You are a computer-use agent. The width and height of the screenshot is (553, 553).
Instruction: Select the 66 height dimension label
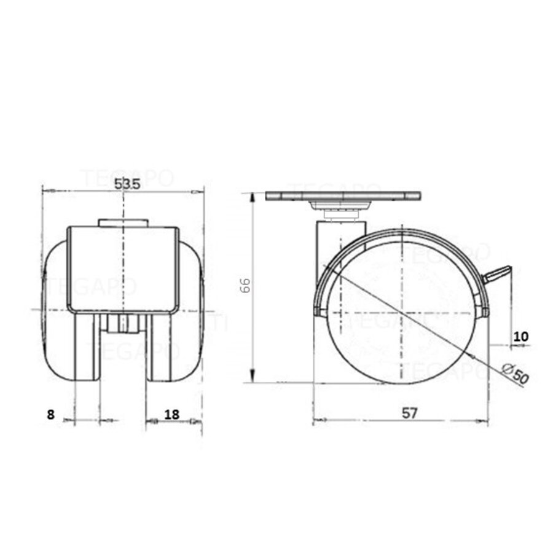244,285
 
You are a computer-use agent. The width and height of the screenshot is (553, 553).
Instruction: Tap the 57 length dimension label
410,413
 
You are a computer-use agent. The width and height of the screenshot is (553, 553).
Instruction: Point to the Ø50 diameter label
514,374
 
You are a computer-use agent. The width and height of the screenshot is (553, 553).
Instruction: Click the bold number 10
521,336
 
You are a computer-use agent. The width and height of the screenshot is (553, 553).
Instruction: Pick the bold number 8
50,414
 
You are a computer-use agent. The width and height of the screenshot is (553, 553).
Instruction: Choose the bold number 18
172,414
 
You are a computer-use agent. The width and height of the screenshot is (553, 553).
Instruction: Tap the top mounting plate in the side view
343,197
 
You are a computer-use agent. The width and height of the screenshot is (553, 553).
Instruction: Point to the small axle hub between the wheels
123,324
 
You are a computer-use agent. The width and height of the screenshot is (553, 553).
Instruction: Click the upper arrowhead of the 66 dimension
252,195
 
